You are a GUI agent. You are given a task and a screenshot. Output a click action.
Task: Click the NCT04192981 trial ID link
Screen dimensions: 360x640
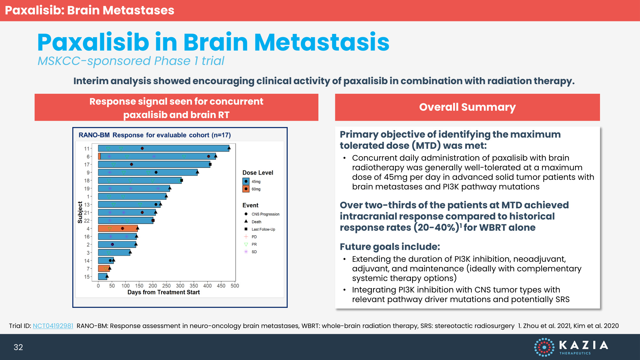pos(53,326)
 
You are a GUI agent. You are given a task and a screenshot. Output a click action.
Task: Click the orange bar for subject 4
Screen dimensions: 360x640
pos(118,228)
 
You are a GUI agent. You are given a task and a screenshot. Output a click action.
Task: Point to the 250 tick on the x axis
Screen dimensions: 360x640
pos(166,286)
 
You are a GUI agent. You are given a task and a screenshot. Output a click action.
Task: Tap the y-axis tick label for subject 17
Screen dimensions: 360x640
pos(87,164)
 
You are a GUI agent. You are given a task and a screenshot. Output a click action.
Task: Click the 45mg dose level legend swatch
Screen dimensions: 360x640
pos(246,181)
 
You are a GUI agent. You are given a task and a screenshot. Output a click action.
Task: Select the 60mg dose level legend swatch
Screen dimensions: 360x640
pos(246,189)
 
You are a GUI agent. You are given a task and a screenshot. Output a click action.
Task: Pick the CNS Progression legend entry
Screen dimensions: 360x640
pos(265,214)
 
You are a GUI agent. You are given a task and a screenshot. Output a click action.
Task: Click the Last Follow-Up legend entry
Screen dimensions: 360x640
pos(263,229)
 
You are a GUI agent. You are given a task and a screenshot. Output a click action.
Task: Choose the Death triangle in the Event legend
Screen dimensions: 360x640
pos(246,221)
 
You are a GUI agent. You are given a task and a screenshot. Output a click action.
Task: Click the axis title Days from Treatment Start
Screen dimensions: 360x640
pos(164,292)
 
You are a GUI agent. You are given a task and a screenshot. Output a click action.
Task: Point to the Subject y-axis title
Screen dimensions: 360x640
pos(80,212)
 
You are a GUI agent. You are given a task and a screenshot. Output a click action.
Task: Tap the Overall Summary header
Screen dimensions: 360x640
pos(467,107)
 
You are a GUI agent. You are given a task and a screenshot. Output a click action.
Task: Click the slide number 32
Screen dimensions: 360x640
pos(18,347)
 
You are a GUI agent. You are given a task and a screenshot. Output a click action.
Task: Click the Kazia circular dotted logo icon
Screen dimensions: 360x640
pos(544,347)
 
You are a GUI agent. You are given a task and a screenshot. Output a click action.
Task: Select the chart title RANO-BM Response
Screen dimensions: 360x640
pos(155,135)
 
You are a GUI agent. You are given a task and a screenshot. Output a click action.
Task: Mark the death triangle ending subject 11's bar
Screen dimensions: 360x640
pos(229,148)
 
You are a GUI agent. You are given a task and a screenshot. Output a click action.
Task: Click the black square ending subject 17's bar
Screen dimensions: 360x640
pos(210,164)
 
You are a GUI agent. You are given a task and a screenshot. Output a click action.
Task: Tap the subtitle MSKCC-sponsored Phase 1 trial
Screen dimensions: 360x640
pos(131,61)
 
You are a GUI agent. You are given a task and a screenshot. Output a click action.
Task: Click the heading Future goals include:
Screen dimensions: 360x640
pos(390,247)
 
